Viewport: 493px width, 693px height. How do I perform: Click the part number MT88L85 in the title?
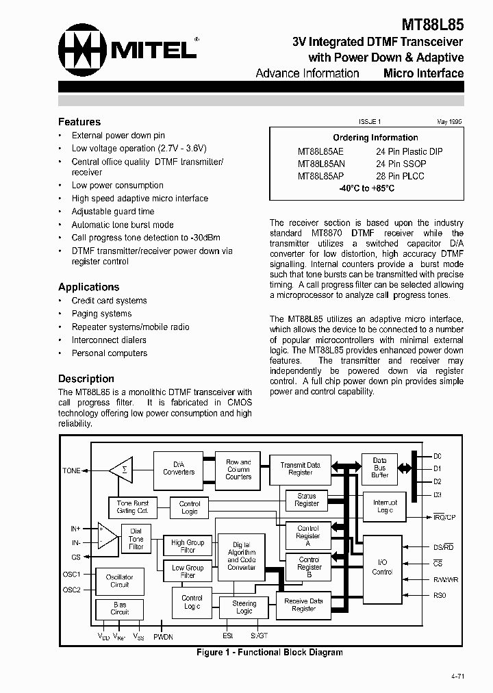[x=432, y=25]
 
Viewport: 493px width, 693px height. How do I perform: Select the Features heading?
[x=79, y=122]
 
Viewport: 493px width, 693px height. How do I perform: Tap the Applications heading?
[x=88, y=287]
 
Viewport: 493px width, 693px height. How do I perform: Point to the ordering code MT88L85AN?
[x=321, y=164]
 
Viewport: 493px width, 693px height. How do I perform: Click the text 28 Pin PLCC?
[x=400, y=176]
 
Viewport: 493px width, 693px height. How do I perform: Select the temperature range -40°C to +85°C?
[x=366, y=188]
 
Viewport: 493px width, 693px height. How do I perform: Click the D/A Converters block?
[x=179, y=468]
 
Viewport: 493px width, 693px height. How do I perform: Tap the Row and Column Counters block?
[x=238, y=469]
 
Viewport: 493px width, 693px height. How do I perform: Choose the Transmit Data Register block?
[x=300, y=469]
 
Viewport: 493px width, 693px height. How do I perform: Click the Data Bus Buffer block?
[x=379, y=468]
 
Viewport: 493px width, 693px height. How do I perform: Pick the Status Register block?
[x=307, y=500]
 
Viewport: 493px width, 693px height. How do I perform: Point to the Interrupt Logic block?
[x=385, y=506]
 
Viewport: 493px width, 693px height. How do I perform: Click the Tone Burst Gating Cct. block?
[x=132, y=507]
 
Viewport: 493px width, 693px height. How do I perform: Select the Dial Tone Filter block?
[x=136, y=539]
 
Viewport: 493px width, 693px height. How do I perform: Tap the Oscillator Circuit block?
[x=119, y=581]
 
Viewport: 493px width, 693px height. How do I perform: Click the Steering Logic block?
[x=244, y=607]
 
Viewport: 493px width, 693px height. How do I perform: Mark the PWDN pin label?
[x=163, y=637]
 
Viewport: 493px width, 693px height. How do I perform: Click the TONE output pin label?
[x=72, y=470]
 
